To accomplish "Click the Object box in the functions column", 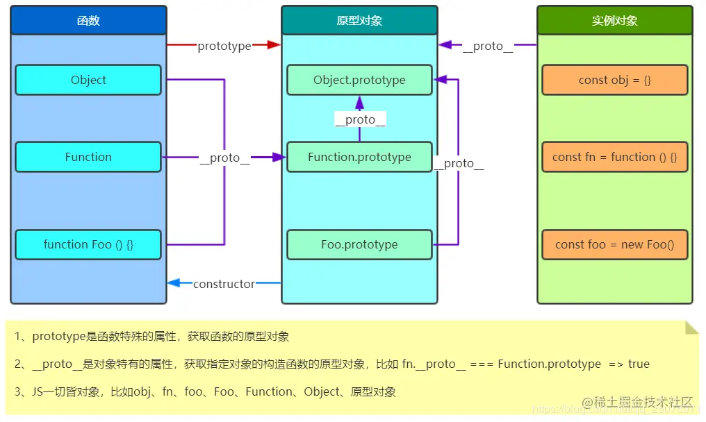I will click(88, 80).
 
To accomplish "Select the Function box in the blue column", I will click(88, 157).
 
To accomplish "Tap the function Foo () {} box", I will click(88, 244).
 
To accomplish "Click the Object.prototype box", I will click(359, 80).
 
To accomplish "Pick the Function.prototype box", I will click(359, 157).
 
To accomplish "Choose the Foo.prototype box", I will click(359, 244).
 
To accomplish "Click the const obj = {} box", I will click(614, 80).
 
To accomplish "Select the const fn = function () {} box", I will click(614, 157).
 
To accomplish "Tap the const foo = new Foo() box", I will click(614, 244).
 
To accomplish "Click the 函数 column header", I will click(88, 21).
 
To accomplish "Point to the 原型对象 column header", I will click(359, 21).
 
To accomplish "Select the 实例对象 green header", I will click(614, 21).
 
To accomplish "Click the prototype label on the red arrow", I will click(224, 46).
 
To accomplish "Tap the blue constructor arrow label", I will click(224, 284).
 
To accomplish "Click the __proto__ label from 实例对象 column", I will click(488, 46).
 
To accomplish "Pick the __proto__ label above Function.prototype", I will click(360, 119).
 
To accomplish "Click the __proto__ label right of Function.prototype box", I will click(459, 164).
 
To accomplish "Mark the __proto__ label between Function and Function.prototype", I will click(224, 158).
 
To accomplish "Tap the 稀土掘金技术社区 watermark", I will click(637, 402).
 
